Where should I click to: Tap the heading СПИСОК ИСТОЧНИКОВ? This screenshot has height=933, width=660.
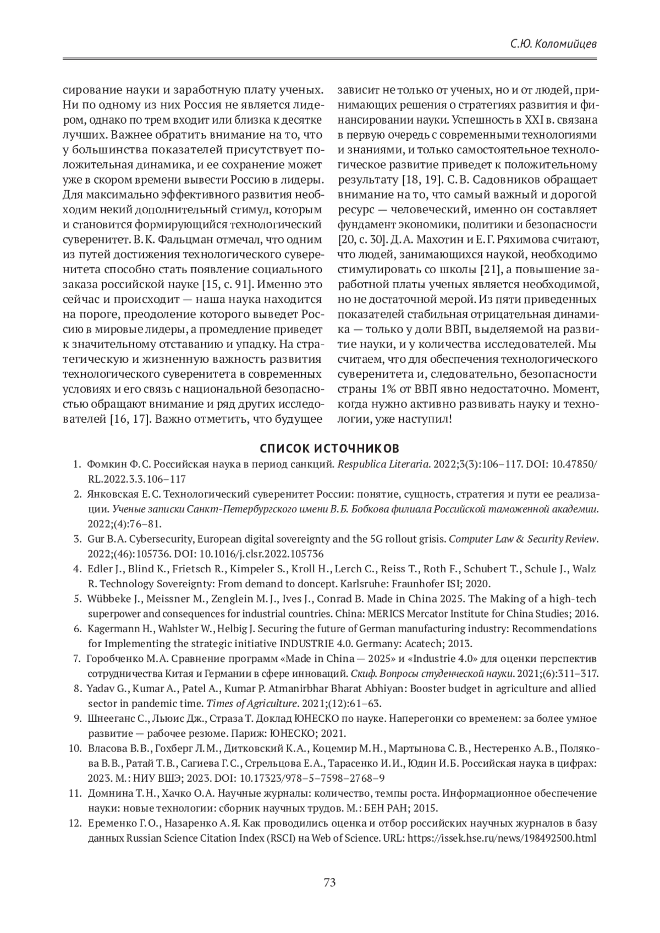(x=330, y=446)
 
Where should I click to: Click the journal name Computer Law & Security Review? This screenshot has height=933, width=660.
(x=522, y=539)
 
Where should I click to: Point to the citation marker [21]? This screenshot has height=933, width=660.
(x=490, y=270)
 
